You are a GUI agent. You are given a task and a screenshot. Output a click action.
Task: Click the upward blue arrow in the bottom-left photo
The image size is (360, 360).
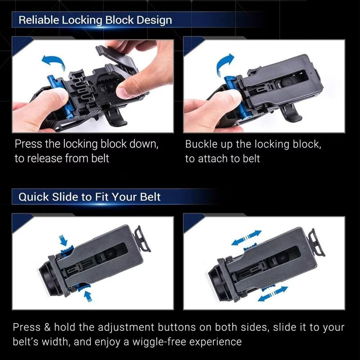87,296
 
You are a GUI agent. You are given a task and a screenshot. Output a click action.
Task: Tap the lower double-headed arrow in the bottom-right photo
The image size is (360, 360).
273,293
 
